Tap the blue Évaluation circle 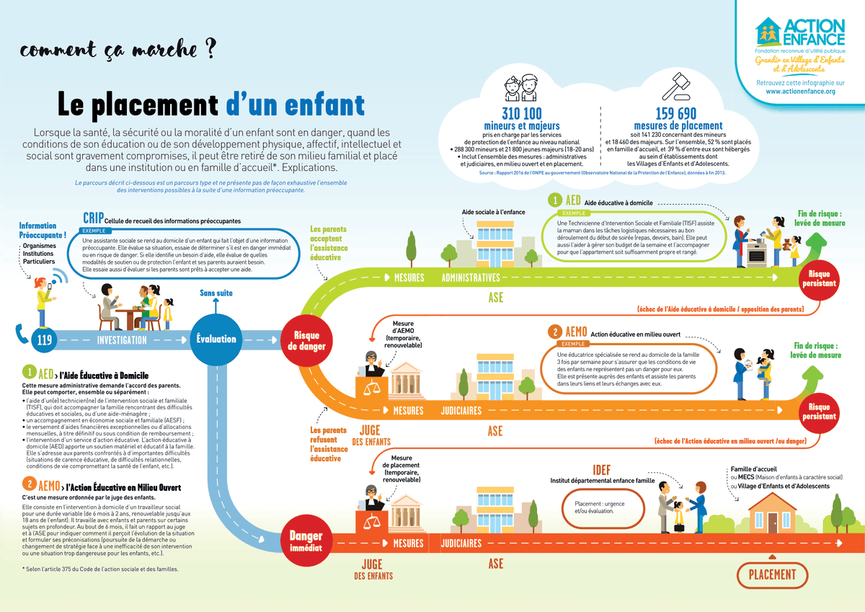click(x=216, y=339)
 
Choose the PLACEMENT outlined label click(x=772, y=575)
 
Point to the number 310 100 click(x=512, y=114)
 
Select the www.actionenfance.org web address click(x=799, y=92)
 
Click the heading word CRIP click(x=93, y=218)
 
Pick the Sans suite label click(x=216, y=293)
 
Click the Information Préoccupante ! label click(x=43, y=230)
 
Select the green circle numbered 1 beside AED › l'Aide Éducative click(x=29, y=372)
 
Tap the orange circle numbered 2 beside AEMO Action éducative click(x=555, y=332)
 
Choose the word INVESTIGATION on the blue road click(x=122, y=340)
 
